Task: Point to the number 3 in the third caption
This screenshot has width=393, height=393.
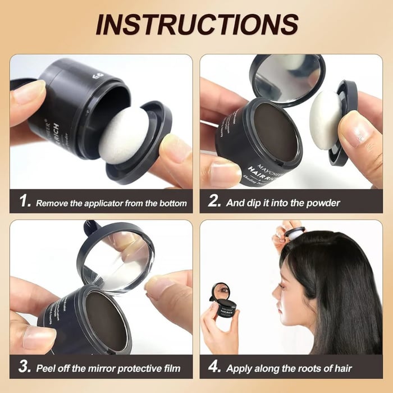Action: click(x=24, y=368)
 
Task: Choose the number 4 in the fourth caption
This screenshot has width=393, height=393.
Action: click(x=214, y=368)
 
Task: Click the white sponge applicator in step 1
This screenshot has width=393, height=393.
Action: click(x=124, y=135)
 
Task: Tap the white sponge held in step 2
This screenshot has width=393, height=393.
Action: click(x=325, y=120)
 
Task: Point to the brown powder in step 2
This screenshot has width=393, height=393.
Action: click(x=273, y=132)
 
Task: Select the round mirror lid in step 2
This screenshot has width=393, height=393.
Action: click(x=287, y=79)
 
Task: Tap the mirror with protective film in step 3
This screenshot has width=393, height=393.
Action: click(x=115, y=255)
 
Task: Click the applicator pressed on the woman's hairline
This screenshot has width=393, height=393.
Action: click(x=294, y=231)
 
